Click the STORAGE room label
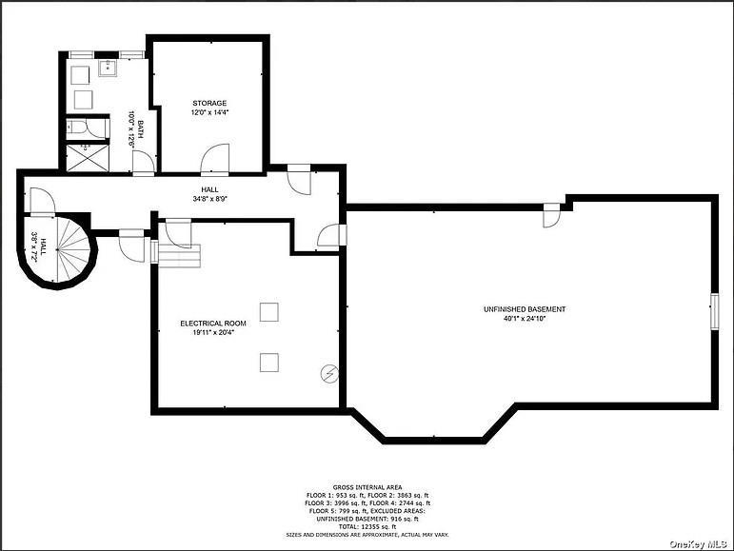pyautogui.click(x=209, y=103)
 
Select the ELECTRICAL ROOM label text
pyautogui.click(x=213, y=324)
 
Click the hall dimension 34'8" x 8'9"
pyautogui.click(x=209, y=199)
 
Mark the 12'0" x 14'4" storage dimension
pyautogui.click(x=209, y=112)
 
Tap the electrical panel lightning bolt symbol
pyautogui.click(x=328, y=374)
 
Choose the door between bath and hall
pyautogui.click(x=143, y=163)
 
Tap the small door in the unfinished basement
pyautogui.click(x=550, y=216)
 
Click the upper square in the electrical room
pyautogui.click(x=269, y=312)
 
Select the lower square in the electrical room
pyautogui.click(x=269, y=362)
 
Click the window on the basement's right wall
pyautogui.click(x=714, y=312)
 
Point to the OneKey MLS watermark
pyautogui.click(x=699, y=543)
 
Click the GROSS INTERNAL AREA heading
pyautogui.click(x=367, y=485)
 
